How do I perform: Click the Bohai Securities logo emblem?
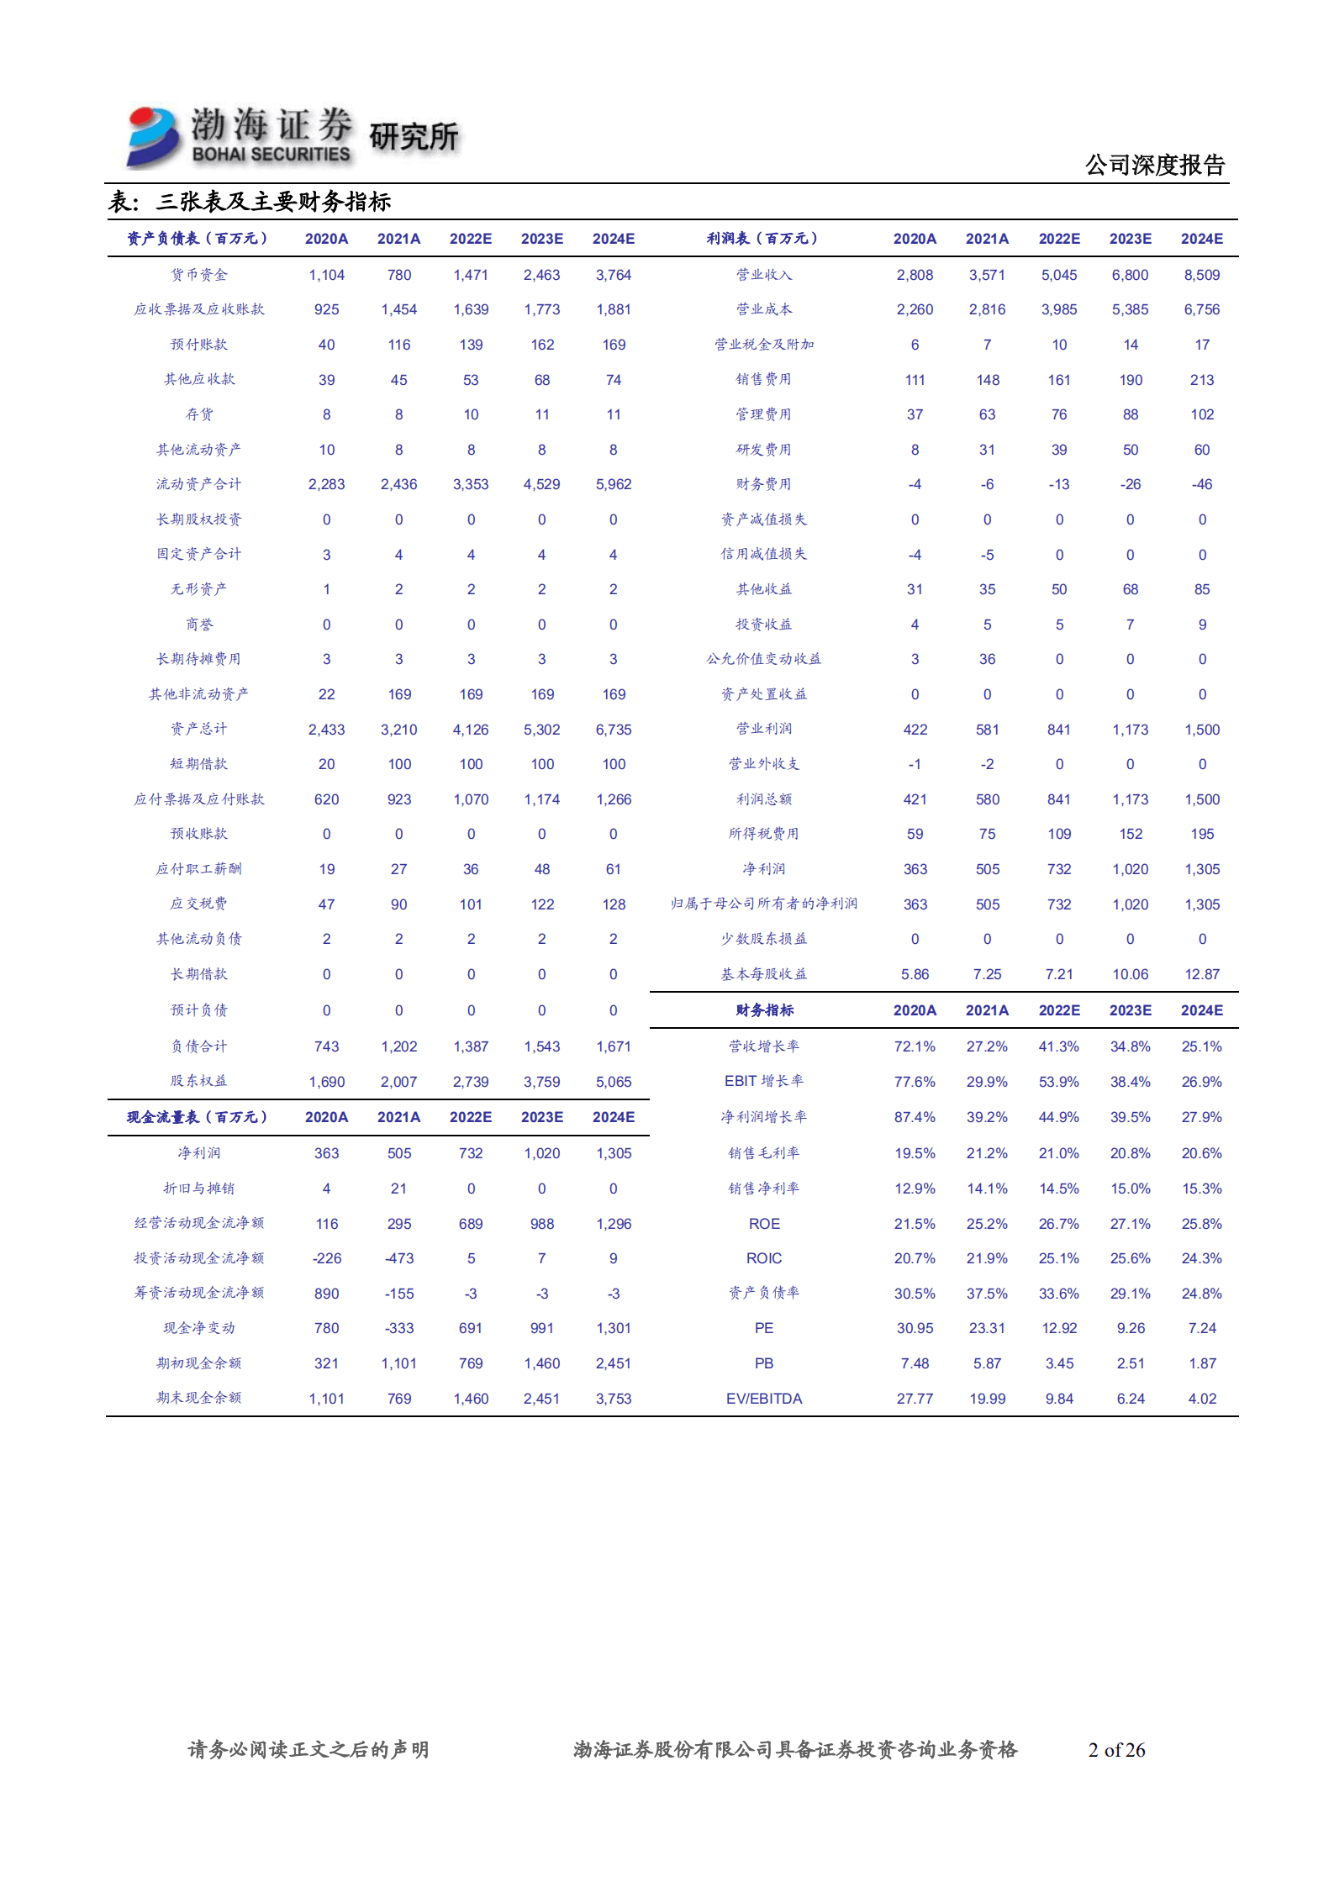point(153,136)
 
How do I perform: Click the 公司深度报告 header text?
point(1154,165)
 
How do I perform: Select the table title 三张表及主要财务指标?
point(273,202)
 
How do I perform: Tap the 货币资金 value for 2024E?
point(614,275)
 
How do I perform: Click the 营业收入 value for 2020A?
point(915,275)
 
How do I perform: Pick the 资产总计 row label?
point(199,729)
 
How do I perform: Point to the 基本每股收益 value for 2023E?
point(1130,974)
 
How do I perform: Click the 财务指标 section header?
point(764,1010)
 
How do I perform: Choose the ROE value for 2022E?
point(1058,1224)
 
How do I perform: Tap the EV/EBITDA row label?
point(764,1399)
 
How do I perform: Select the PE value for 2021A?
point(987,1328)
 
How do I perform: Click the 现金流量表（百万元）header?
point(198,1117)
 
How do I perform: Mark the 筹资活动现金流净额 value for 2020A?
point(326,1294)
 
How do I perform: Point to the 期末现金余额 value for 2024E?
point(614,1399)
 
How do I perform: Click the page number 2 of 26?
point(1116,1750)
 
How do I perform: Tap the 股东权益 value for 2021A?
point(398,1082)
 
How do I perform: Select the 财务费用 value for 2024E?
point(1202,484)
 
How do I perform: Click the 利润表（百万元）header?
point(762,239)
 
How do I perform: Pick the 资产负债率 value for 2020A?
point(915,1294)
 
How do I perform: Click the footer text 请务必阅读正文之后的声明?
point(308,1750)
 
